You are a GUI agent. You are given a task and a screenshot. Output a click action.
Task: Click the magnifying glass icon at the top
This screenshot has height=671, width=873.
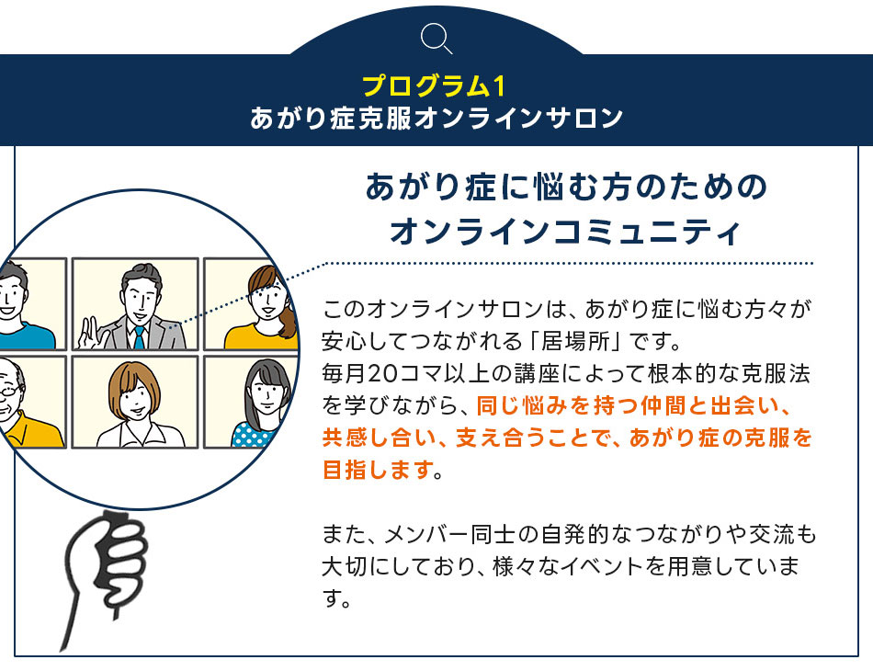[x=436, y=38]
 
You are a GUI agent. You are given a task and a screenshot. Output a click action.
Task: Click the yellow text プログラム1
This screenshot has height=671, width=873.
[x=434, y=85]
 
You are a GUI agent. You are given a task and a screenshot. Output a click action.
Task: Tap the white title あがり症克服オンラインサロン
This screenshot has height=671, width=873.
[x=436, y=118]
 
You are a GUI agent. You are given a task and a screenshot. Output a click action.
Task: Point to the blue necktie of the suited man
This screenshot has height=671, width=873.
[x=139, y=337]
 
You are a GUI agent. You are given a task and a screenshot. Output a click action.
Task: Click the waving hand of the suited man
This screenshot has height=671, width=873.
[x=88, y=333]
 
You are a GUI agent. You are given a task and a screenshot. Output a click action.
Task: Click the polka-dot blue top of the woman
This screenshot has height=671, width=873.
[x=255, y=435]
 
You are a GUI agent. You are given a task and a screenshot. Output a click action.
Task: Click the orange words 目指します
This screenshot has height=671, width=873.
[x=379, y=470]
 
